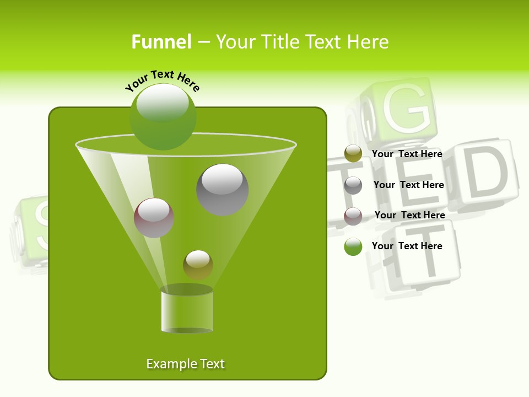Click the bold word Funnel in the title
tap(161, 42)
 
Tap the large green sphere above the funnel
tap(163, 116)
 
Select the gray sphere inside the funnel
tap(223, 189)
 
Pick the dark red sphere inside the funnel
tap(154, 218)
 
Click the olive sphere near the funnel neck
tap(198, 265)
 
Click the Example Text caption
tap(186, 364)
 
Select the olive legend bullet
tap(353, 154)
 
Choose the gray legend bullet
tap(353, 185)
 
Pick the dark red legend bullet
tap(353, 216)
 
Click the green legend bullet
tap(353, 246)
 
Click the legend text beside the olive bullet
tap(407, 154)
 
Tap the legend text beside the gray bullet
tap(408, 185)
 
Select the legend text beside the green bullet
tap(407, 246)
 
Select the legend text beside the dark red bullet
tap(409, 216)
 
